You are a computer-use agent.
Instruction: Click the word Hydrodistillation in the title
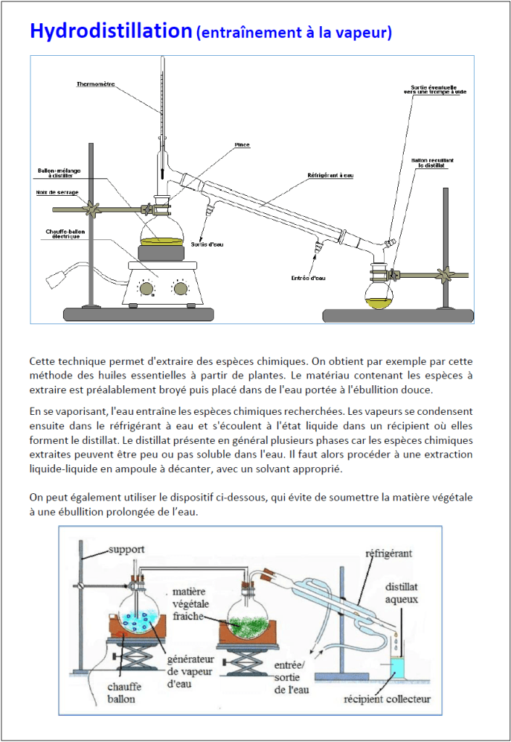[x=110, y=31]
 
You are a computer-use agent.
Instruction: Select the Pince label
[x=242, y=145]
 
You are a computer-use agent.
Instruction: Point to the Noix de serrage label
[x=55, y=192]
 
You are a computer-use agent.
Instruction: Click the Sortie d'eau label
[x=207, y=244]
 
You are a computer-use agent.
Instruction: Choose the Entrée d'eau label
[x=308, y=278]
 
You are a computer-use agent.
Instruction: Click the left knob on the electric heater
[x=147, y=289]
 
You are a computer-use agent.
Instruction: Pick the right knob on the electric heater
[x=180, y=289]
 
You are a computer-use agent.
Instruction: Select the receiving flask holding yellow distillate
[x=379, y=297]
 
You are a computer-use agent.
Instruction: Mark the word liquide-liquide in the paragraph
[x=59, y=468]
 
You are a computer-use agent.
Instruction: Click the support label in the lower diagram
[x=126, y=549]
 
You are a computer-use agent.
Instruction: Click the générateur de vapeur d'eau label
[x=190, y=671]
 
